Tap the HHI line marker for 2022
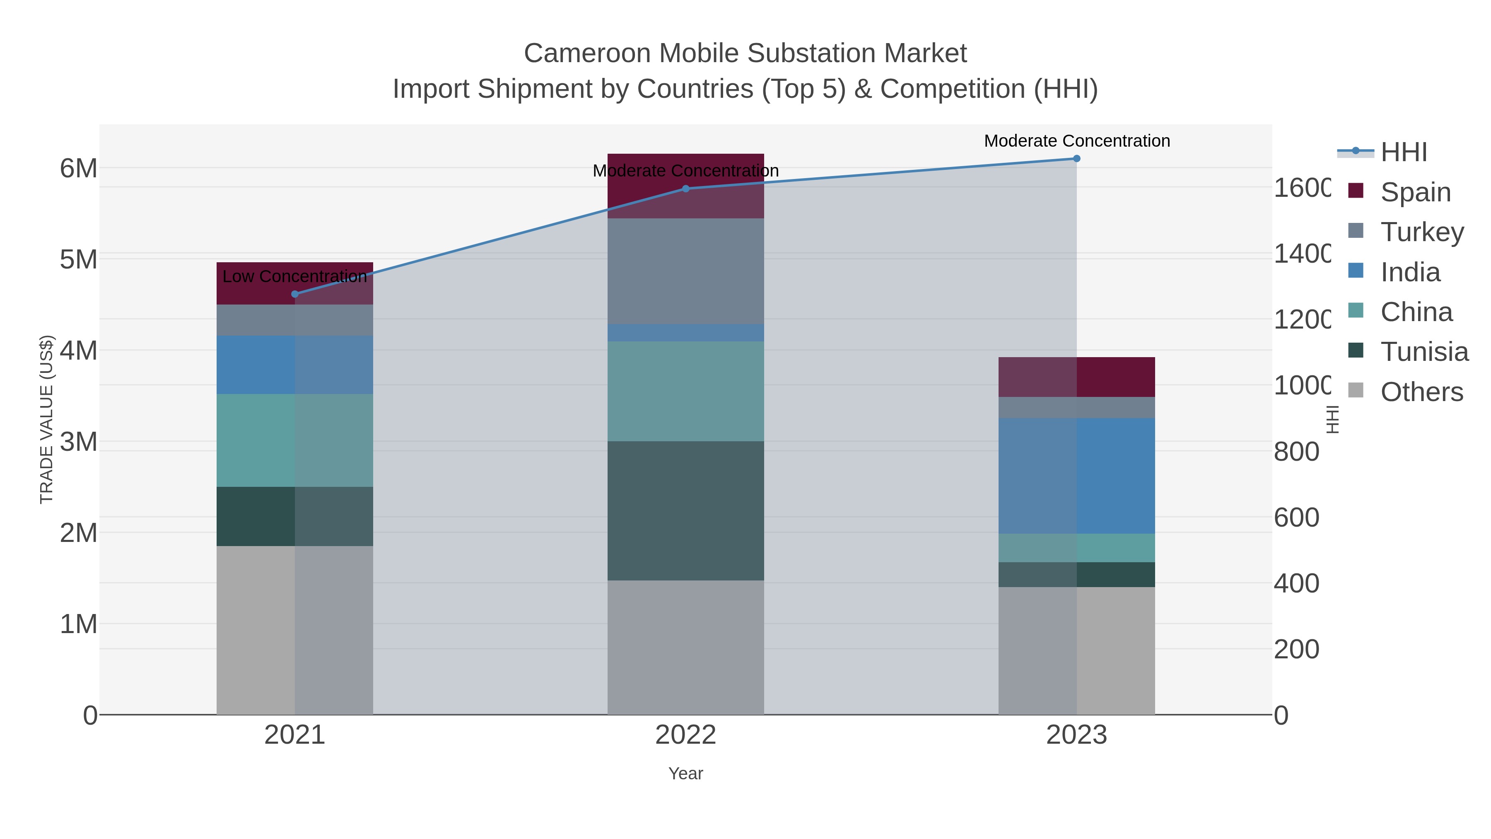point(685,189)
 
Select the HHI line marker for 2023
point(1076,159)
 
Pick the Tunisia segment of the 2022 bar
point(685,511)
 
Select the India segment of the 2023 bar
point(1076,476)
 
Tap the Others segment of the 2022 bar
point(685,647)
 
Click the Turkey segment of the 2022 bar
point(685,271)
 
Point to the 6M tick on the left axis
point(79,169)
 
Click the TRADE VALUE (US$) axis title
point(46,419)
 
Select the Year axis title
point(685,774)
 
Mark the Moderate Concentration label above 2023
point(1076,141)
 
